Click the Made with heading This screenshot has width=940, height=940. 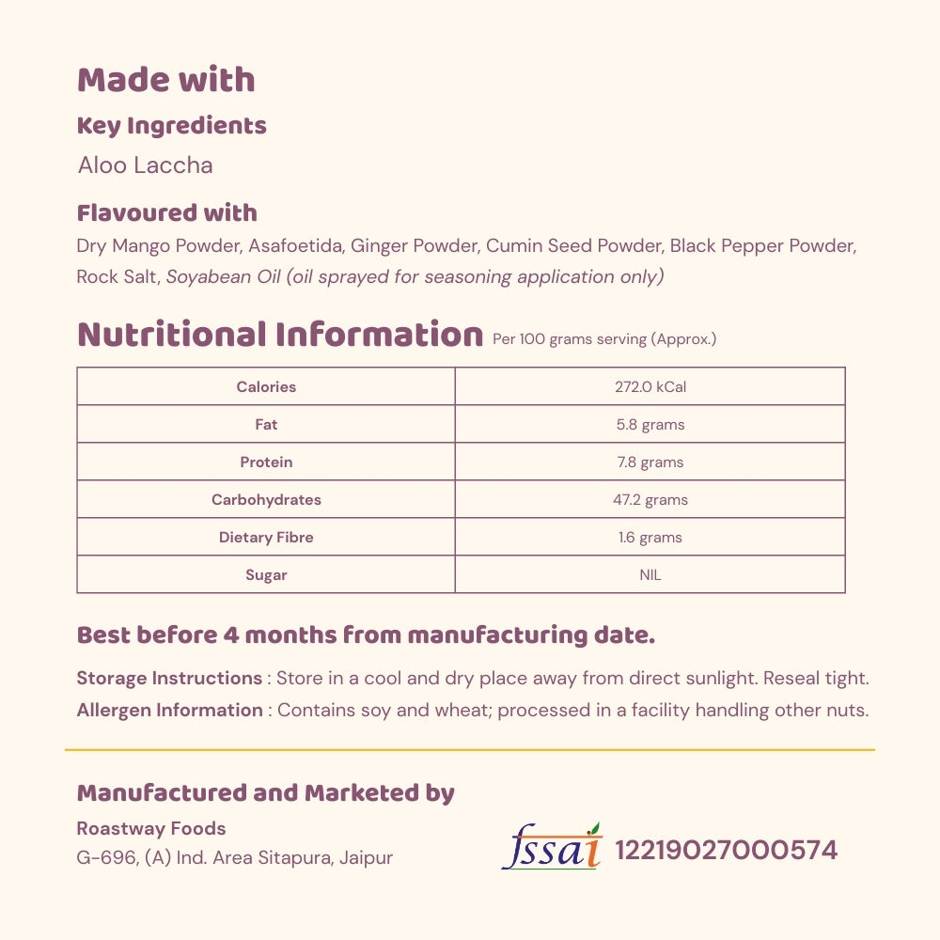[x=165, y=81]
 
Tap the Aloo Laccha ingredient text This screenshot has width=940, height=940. [x=145, y=165]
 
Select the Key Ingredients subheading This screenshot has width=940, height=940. [x=171, y=126]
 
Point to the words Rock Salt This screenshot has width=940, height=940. [x=117, y=277]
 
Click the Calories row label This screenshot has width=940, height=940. [x=266, y=387]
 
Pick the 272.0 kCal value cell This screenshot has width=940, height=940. [x=650, y=387]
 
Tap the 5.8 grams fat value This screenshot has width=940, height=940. [x=650, y=425]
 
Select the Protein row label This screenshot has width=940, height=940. [x=266, y=462]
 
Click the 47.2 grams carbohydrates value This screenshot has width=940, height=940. [x=650, y=500]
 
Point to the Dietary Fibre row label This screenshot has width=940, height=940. [x=266, y=538]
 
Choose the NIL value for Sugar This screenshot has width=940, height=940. [x=650, y=575]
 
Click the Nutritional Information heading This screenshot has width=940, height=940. [x=279, y=335]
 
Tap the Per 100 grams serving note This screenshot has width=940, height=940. [x=604, y=339]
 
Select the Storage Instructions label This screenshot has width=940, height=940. [x=169, y=679]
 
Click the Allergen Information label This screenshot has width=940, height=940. [x=169, y=711]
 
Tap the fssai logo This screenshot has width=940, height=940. [x=552, y=848]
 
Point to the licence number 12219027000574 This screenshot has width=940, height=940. [x=726, y=851]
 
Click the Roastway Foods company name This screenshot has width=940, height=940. [x=150, y=829]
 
